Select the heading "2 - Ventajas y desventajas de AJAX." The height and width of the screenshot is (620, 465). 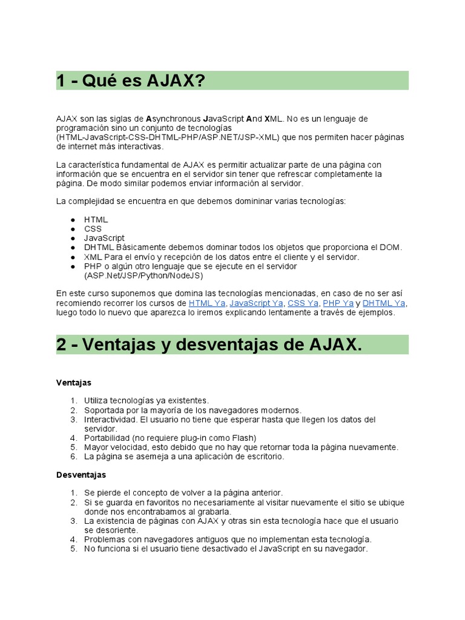[209, 345]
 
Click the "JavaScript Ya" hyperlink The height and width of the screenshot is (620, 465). [256, 303]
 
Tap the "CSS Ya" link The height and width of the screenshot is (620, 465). [303, 303]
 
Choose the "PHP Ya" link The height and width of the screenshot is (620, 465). [338, 303]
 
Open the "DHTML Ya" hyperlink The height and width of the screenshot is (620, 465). [384, 303]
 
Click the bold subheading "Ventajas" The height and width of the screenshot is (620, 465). [73, 383]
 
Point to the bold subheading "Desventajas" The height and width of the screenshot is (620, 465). [81, 475]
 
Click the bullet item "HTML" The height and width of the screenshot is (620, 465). [96, 220]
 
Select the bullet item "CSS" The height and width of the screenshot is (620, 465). [93, 229]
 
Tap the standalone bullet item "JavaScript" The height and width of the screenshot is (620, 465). [104, 238]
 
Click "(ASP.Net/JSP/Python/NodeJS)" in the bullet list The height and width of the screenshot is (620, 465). [143, 275]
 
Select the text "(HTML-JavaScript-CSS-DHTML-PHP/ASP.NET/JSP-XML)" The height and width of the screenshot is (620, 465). [168, 137]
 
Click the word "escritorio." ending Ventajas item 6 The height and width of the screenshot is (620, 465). [263, 457]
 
